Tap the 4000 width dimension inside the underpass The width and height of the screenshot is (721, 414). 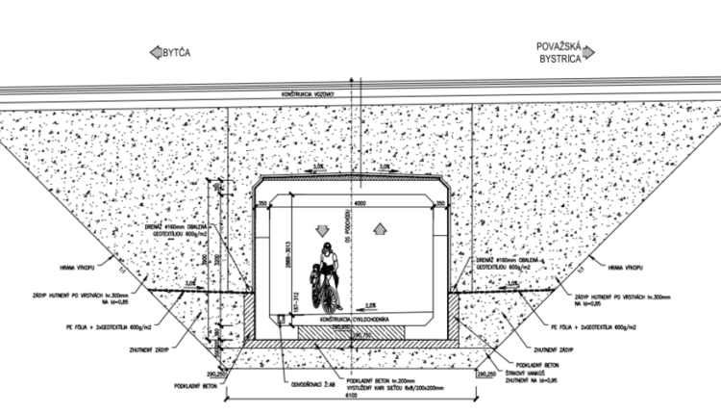tap(358, 203)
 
